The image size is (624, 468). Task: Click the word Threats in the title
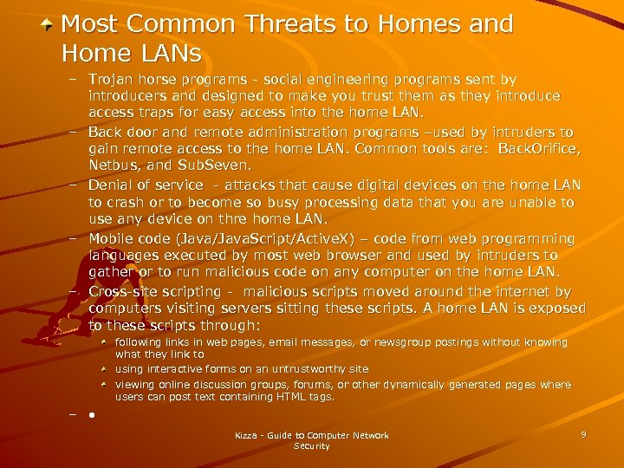(x=287, y=24)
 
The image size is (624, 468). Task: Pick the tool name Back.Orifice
(x=538, y=148)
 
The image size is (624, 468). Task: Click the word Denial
(x=112, y=185)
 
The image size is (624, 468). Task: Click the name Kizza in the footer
(x=248, y=435)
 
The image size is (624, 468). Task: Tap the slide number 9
(x=583, y=434)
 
